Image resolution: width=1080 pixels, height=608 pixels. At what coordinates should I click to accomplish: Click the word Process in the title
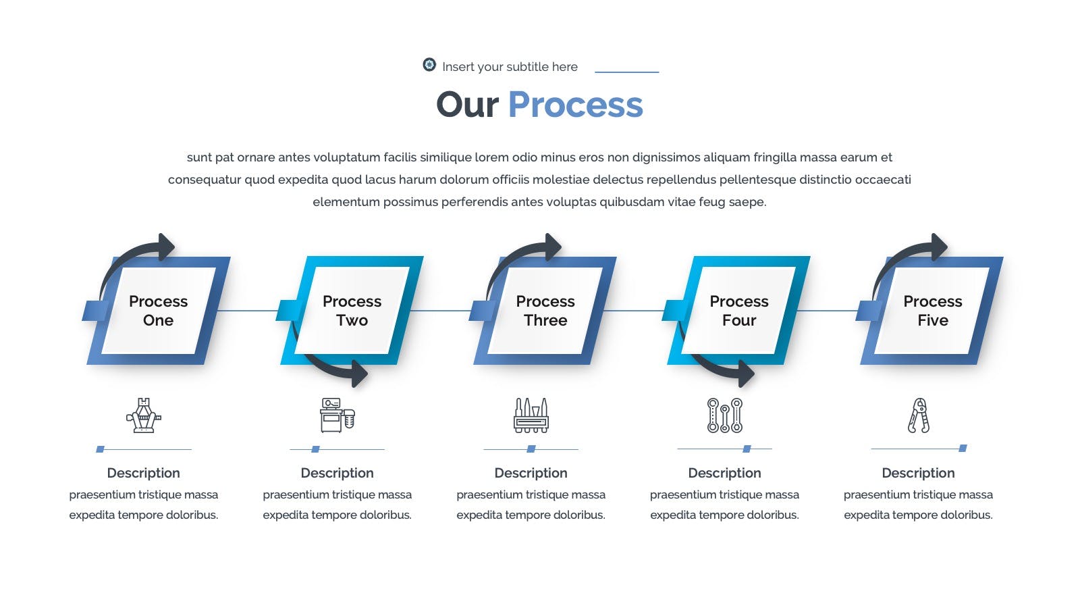tap(575, 104)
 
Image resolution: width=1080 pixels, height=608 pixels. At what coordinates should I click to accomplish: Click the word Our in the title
tap(467, 105)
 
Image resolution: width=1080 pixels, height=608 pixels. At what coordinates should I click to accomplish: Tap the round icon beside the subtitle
tap(429, 65)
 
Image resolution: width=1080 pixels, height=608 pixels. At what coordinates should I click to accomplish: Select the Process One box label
tap(158, 311)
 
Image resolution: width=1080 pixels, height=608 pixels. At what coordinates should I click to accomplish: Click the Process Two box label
tap(352, 311)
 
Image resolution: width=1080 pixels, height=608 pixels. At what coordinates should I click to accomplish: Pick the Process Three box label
tap(545, 311)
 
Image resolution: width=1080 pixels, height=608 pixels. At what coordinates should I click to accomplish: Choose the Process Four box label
tap(739, 311)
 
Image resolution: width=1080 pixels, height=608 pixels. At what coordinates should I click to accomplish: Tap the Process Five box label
tap(932, 311)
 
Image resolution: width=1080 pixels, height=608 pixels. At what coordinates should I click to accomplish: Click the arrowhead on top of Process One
tap(166, 247)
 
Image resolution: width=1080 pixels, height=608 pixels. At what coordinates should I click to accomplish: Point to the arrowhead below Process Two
tap(360, 374)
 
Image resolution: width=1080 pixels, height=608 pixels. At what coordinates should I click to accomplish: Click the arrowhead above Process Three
tap(553, 247)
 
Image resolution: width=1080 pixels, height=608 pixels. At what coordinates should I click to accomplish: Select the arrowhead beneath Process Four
tap(747, 374)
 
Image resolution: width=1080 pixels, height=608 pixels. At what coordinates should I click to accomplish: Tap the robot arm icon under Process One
tap(144, 415)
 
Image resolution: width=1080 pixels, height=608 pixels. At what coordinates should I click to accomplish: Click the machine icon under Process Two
tap(337, 415)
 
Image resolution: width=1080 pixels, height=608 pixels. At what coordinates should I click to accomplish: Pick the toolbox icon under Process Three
tap(531, 415)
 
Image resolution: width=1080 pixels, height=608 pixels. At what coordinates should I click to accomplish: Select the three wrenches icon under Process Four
tap(725, 415)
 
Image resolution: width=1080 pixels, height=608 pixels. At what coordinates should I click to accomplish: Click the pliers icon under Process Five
tap(919, 415)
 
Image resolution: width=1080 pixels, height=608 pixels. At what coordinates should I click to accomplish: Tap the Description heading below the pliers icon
tap(918, 473)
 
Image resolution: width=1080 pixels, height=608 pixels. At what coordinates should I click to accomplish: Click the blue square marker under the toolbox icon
tap(531, 449)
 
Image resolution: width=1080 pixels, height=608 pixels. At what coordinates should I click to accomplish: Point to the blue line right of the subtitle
tap(627, 72)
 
